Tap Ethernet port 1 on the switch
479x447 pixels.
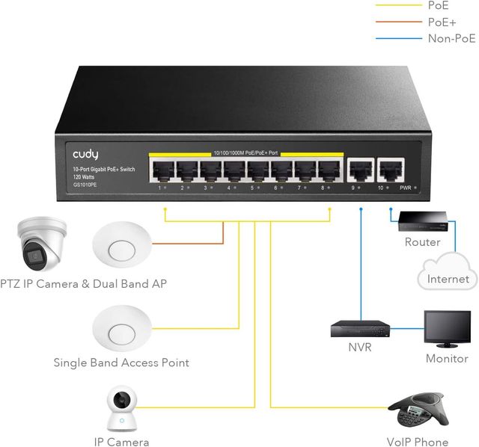[162, 171]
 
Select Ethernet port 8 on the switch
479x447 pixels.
[329, 171]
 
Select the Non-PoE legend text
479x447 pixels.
[451, 38]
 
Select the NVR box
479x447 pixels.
[360, 327]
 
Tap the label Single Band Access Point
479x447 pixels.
[120, 363]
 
